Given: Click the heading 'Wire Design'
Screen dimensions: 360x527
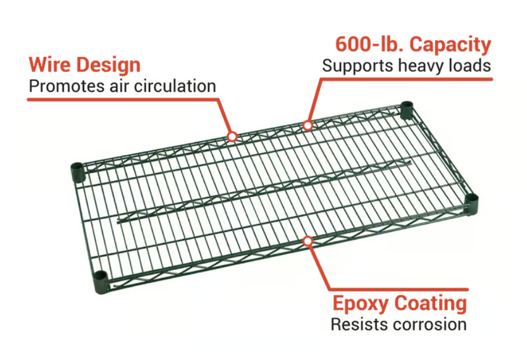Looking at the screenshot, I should (x=84, y=64).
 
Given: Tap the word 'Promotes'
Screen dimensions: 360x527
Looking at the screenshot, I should (x=58, y=86).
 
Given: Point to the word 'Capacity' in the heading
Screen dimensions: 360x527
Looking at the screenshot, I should (x=450, y=45).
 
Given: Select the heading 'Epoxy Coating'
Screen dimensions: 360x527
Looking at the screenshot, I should (x=399, y=304).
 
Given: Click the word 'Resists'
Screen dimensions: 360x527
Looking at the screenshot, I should (x=357, y=325).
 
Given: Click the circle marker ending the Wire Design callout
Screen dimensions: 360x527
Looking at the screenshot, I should (x=232, y=136).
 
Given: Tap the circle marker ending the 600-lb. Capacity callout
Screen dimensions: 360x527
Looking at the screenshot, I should (x=307, y=125).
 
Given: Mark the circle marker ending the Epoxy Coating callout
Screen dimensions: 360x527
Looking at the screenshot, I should (x=307, y=241).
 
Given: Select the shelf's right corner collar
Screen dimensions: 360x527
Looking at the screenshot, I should (x=471, y=202).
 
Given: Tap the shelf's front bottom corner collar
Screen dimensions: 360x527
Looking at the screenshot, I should (x=100, y=281).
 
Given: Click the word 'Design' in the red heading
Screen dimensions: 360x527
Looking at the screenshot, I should (x=112, y=64).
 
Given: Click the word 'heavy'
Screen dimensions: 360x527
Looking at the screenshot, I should (x=419, y=66).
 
